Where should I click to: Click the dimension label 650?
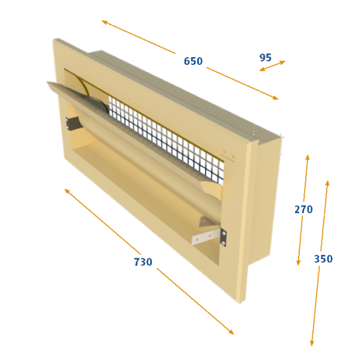(x=193, y=61)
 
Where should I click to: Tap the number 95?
(x=265, y=57)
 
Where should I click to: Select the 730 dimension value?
(x=143, y=262)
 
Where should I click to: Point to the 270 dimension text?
(x=304, y=209)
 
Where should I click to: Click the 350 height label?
(x=323, y=259)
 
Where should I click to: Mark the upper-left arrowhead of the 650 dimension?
(x=104, y=22)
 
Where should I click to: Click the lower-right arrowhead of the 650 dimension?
(x=276, y=98)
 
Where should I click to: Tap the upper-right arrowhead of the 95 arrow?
(x=283, y=62)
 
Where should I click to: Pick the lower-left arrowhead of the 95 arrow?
(x=261, y=70)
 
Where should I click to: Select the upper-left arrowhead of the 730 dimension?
(x=67, y=191)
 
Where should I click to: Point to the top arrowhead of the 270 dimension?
(x=308, y=157)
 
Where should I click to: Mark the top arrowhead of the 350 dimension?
(x=328, y=182)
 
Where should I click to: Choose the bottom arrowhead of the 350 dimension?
(x=311, y=344)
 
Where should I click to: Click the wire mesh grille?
(x=167, y=139)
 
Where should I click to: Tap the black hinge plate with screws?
(x=223, y=237)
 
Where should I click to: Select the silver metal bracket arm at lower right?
(x=207, y=236)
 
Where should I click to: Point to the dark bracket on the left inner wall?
(x=73, y=123)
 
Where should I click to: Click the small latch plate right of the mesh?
(x=228, y=154)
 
